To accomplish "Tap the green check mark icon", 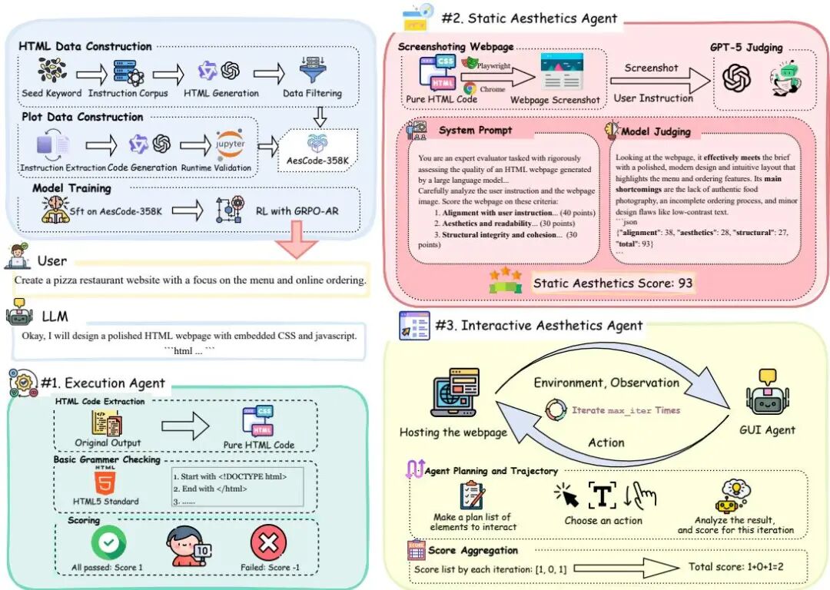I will click(x=108, y=544).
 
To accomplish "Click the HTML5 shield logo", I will click(x=105, y=482).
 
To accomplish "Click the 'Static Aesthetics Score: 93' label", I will click(x=613, y=283).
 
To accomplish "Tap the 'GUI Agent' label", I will click(x=767, y=429).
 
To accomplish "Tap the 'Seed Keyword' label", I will click(x=52, y=94).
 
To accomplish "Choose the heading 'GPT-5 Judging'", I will click(x=745, y=48).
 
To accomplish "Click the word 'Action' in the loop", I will click(x=606, y=442).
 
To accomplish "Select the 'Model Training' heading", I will click(x=71, y=188).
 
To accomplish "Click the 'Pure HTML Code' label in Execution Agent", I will click(x=258, y=445).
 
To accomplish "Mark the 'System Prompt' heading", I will click(x=475, y=130).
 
